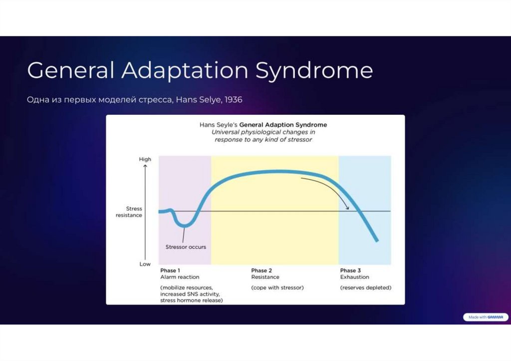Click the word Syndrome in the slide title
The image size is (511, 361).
click(314, 71)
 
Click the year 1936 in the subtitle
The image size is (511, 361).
click(233, 100)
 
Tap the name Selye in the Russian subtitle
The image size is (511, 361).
click(212, 100)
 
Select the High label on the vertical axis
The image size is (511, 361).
click(145, 159)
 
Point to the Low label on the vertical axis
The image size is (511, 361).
click(145, 264)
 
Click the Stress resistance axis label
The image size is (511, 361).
click(129, 212)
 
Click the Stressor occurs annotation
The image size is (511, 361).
click(186, 247)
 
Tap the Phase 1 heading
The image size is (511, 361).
click(170, 271)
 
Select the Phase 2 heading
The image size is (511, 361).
click(261, 271)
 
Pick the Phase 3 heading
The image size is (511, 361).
click(351, 271)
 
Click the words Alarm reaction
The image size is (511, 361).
click(180, 277)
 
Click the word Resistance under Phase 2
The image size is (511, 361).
click(265, 277)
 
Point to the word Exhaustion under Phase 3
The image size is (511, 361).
click(355, 277)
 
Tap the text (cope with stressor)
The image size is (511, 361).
click(277, 288)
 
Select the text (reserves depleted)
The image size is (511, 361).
click(366, 288)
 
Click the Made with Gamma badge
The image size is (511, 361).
click(485, 317)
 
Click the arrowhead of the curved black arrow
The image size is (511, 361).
click(347, 208)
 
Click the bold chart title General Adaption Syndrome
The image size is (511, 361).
click(283, 124)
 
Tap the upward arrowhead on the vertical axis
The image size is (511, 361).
click(145, 166)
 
